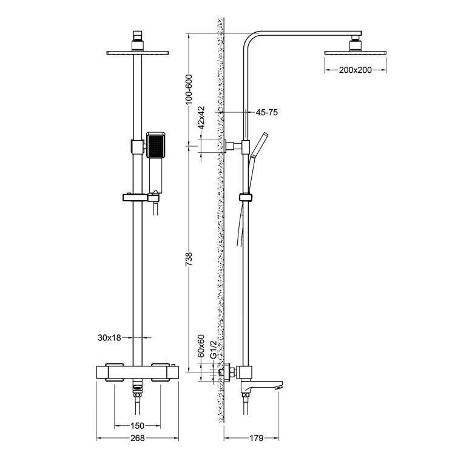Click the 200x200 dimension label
point(356,71)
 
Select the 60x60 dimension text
point(201,347)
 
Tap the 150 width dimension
point(139,425)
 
